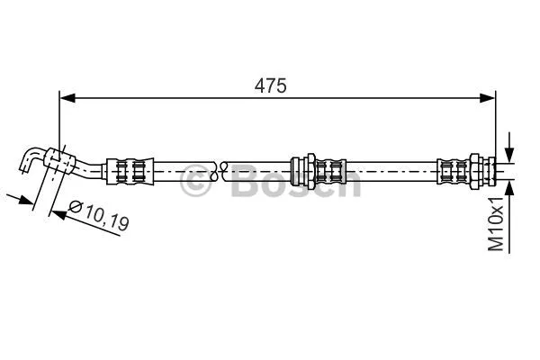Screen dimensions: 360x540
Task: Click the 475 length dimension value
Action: (269, 85)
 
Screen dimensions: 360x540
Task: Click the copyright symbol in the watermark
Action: (197, 184)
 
